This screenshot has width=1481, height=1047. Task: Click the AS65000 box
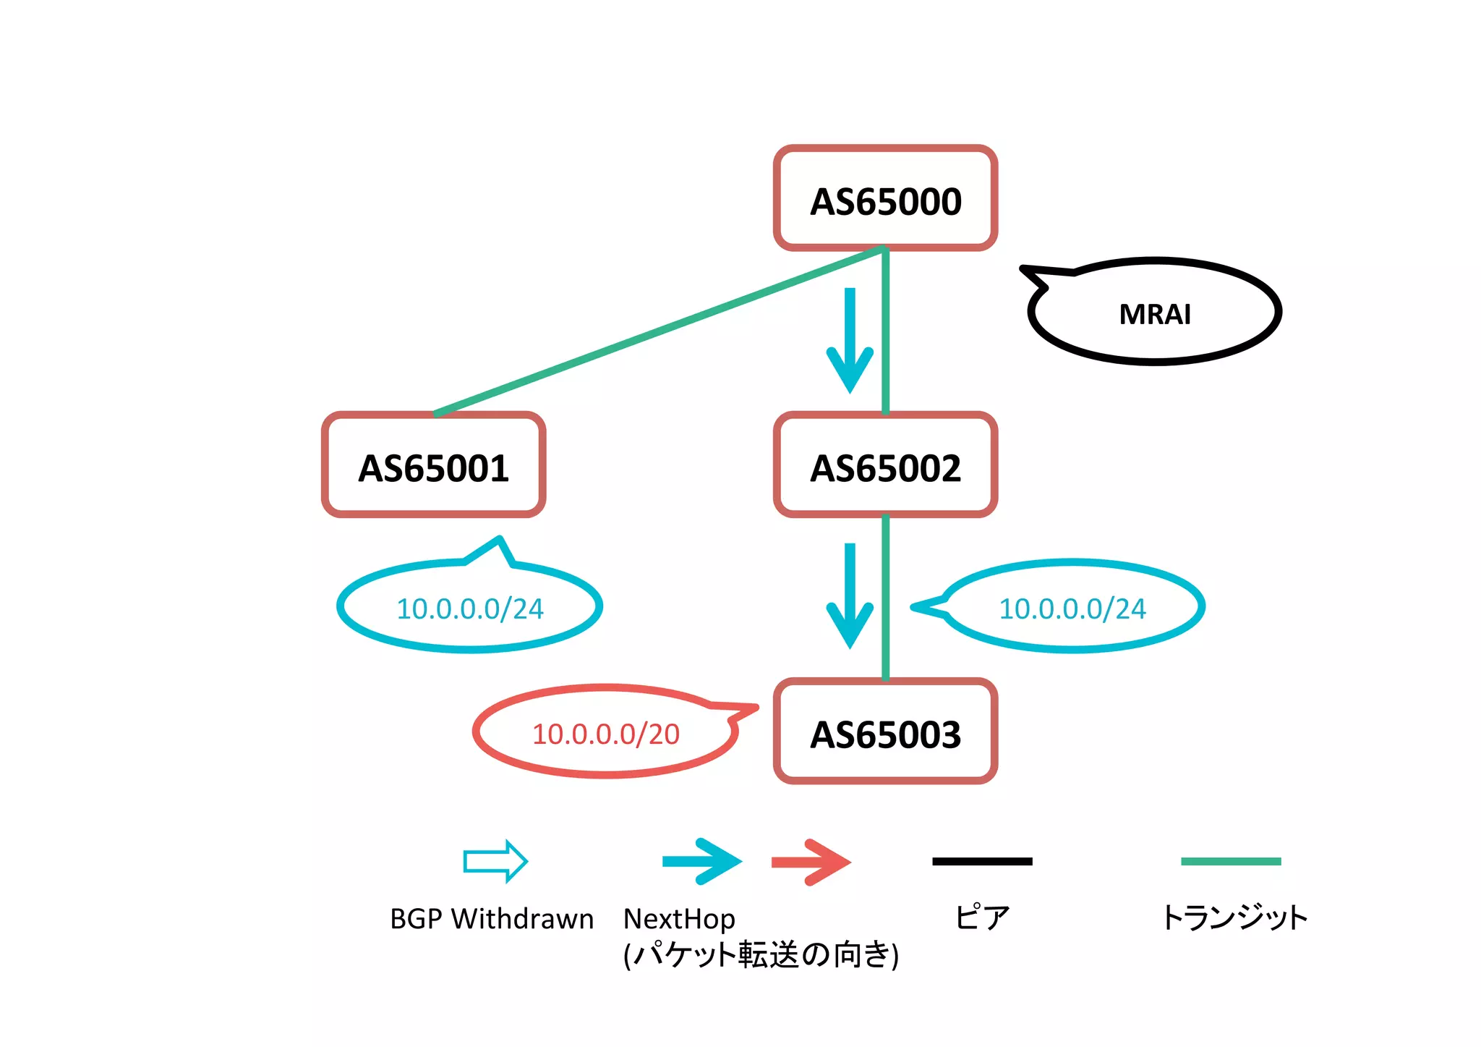click(x=885, y=198)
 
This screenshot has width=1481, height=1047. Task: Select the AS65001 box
click(x=433, y=465)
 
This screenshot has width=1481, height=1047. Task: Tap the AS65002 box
click(x=885, y=465)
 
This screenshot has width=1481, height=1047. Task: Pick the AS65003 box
click(x=885, y=732)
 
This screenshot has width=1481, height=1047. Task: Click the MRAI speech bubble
click(x=1154, y=313)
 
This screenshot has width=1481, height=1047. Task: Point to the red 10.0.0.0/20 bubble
click(x=606, y=733)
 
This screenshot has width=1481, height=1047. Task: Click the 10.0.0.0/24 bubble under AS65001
click(x=470, y=608)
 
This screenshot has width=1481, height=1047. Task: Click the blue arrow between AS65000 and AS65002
click(x=850, y=340)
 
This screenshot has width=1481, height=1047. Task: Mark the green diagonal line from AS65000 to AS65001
click(x=658, y=331)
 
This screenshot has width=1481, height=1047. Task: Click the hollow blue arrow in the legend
click(x=495, y=861)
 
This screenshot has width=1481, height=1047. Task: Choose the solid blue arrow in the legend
click(x=701, y=861)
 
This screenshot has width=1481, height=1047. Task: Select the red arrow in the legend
click(x=811, y=861)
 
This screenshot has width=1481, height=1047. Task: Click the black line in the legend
click(x=982, y=861)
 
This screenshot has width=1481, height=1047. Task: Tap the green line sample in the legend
click(x=1230, y=861)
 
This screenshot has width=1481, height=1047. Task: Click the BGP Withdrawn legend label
click(x=492, y=919)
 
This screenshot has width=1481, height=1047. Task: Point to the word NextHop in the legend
click(x=679, y=919)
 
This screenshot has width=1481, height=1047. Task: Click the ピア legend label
click(x=981, y=917)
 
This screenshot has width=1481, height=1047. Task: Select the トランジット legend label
click(x=1234, y=917)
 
